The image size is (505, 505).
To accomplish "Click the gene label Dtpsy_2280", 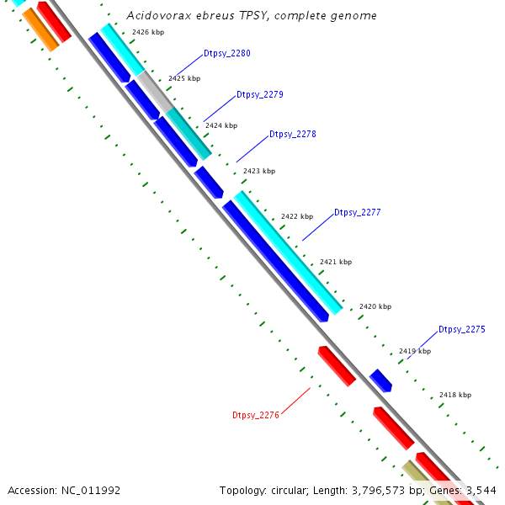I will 226,54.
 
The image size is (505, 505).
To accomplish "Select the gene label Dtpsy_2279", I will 259,94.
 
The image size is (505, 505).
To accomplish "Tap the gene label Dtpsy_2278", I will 292,135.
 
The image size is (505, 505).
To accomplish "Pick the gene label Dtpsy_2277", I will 357,213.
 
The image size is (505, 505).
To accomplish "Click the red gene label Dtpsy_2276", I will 255,415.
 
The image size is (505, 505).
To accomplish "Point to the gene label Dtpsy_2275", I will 461,330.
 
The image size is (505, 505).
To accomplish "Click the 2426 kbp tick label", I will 147,33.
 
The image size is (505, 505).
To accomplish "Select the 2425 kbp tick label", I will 184,78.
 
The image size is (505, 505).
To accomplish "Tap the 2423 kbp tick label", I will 259,171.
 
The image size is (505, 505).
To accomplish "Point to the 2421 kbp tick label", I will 336,262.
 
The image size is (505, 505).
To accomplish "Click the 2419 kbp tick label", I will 415,351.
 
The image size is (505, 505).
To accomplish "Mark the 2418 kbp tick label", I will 455,395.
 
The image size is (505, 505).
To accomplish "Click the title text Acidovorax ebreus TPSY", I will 251,16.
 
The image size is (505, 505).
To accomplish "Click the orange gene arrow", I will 40,29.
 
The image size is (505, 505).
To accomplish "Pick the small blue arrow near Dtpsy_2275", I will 381,380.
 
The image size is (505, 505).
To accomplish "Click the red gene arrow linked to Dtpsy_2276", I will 337,366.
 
